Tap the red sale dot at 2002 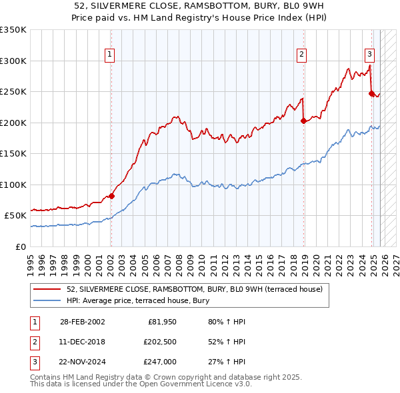tap(111, 196)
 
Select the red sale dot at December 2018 tap(303, 121)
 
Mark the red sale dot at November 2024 tap(371, 93)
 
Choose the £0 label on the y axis tap(20, 246)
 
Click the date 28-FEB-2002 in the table tap(82, 322)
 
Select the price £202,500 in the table tap(159, 342)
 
